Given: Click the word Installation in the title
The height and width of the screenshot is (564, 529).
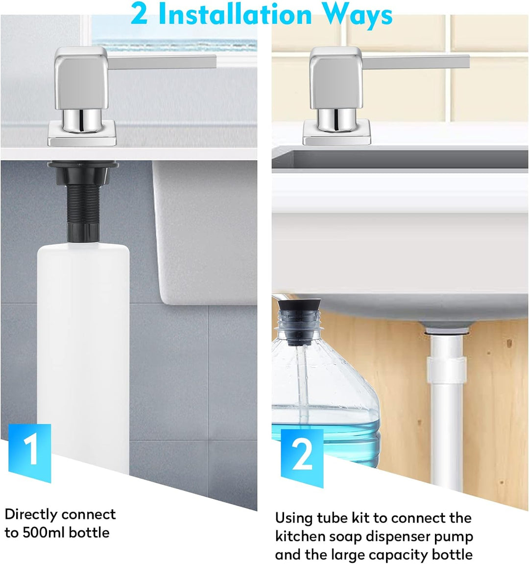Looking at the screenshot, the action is [x=235, y=14].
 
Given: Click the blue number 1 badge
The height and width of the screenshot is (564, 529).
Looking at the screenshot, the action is [x=29, y=452].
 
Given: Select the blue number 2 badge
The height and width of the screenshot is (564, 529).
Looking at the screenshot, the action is [x=302, y=458].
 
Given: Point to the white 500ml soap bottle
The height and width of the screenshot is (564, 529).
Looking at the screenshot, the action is [x=83, y=356].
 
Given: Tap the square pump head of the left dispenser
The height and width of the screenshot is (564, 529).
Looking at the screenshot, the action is [x=81, y=78].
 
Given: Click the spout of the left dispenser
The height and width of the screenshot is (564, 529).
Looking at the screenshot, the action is [x=162, y=62].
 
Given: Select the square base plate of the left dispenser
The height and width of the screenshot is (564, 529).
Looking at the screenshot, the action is [x=82, y=133].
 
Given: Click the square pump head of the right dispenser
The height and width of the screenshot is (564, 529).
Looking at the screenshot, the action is [x=336, y=78].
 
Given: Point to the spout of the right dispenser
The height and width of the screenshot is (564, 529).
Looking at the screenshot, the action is [x=416, y=62].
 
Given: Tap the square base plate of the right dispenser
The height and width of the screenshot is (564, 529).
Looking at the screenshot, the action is [x=337, y=133].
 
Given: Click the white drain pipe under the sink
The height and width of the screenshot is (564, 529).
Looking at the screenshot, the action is [x=446, y=406].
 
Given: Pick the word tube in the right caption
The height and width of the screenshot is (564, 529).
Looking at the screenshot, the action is [x=332, y=518].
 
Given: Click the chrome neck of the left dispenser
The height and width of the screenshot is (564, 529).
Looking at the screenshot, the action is [x=82, y=119].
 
